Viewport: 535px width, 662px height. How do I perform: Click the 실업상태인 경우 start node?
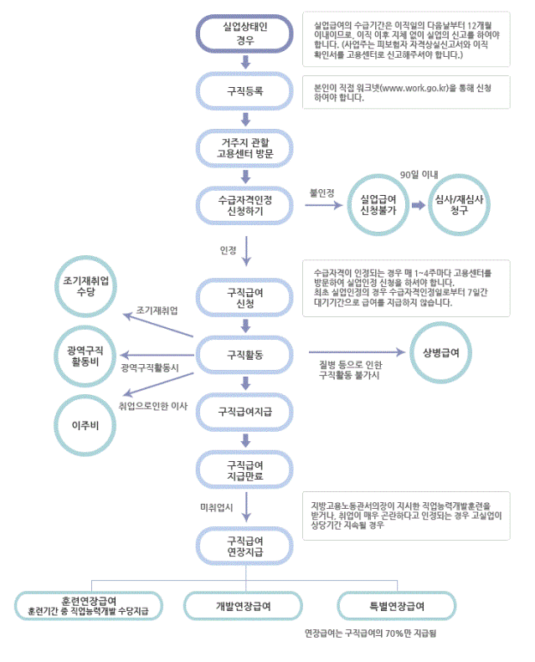(245, 33)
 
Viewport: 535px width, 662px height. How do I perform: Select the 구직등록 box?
(245, 90)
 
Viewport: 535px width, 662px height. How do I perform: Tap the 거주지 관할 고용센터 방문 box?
(245, 147)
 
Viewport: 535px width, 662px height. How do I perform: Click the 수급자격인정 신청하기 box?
(245, 206)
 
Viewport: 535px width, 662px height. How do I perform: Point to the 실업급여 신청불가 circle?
(378, 205)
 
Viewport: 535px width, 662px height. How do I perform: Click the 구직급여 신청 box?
(245, 297)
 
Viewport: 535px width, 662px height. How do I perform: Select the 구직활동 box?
(245, 355)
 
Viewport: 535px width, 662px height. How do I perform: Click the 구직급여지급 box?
(245, 411)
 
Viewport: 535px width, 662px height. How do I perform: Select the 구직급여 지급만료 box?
(245, 470)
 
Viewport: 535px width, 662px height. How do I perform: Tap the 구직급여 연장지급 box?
(245, 546)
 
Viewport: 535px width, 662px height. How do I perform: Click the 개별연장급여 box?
(243, 605)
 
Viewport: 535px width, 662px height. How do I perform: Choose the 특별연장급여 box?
(397, 605)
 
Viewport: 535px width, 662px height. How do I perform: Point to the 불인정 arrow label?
(322, 192)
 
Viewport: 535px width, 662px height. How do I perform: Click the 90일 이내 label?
(419, 173)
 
